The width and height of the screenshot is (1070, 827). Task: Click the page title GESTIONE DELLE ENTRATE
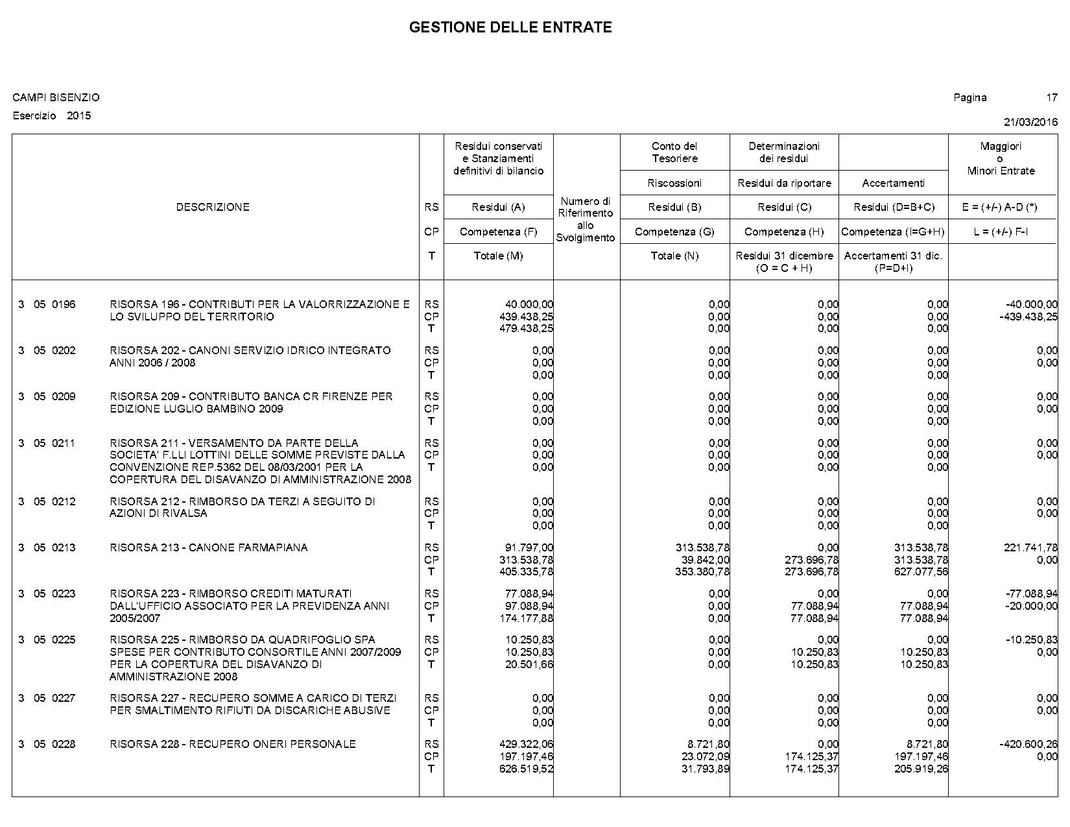coord(510,27)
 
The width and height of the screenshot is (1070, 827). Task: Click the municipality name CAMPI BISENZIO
coord(56,98)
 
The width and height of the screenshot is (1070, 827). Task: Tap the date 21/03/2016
coord(1030,122)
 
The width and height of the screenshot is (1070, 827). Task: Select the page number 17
coord(1051,98)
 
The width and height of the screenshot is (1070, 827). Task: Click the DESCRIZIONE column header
coord(213,208)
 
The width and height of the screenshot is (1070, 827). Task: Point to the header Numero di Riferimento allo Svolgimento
coord(586,219)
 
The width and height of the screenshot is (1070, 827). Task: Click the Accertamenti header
coord(893,184)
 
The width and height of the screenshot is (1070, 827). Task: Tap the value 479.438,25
coord(529,329)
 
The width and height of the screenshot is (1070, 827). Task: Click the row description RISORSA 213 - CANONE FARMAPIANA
coord(209,548)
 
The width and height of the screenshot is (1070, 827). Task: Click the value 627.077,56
coord(921,572)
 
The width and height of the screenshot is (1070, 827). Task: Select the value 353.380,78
coord(702,572)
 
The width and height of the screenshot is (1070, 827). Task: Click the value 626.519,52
coord(529,769)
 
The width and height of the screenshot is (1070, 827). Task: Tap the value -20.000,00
coord(1032,606)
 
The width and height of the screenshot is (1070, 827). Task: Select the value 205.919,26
coord(921,769)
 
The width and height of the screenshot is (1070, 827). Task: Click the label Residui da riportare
coord(784,184)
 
